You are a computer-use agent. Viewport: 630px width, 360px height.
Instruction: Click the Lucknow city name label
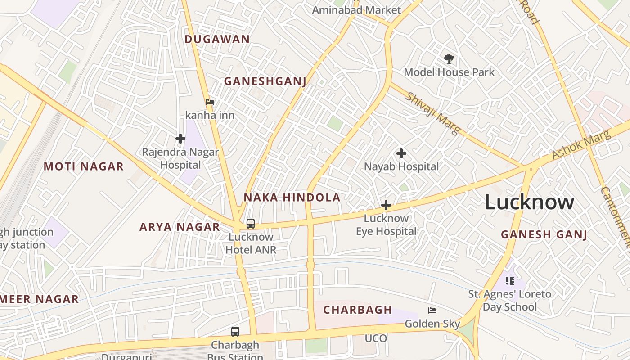tap(529, 202)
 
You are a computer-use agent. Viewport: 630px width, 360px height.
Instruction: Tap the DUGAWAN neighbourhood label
tap(217, 39)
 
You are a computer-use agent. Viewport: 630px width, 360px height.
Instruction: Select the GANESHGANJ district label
tap(265, 81)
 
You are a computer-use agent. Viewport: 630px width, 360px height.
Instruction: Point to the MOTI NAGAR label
tap(83, 166)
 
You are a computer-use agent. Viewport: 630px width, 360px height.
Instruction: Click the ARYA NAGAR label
tap(180, 227)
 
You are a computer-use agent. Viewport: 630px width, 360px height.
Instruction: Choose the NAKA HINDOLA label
tap(292, 198)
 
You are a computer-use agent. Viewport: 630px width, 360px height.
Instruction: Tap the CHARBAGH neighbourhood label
tap(358, 310)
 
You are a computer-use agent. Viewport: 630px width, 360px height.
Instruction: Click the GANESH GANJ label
tap(544, 234)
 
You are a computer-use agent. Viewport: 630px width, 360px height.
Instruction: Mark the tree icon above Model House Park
tap(449, 58)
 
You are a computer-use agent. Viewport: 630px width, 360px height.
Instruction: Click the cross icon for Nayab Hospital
tap(401, 153)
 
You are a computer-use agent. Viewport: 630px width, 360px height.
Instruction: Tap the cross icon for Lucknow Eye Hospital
tap(386, 206)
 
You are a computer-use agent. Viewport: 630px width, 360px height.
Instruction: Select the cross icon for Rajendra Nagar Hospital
tap(180, 139)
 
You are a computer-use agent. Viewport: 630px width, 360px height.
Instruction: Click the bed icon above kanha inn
tap(210, 102)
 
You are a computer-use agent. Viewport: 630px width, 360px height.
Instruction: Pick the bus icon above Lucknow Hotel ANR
tap(251, 224)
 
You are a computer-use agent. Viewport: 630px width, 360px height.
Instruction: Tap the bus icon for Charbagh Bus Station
tap(235, 332)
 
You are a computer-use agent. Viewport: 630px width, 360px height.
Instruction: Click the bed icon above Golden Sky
tap(432, 310)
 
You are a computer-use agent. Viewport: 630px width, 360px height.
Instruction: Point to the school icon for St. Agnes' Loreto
tap(510, 281)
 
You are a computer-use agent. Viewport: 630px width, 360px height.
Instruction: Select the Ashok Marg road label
tap(581, 145)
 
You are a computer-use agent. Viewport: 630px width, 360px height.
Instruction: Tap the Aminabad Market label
tap(356, 10)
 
